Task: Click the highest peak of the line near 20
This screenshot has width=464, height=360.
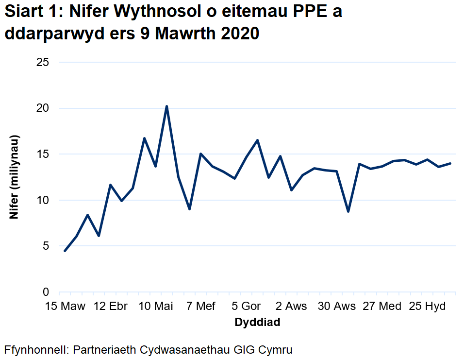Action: point(166,106)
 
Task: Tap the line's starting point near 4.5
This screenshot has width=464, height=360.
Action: point(65,251)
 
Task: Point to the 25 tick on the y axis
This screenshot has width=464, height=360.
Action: point(43,62)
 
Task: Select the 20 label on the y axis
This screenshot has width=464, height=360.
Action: point(43,108)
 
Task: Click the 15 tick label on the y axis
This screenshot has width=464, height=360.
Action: point(43,154)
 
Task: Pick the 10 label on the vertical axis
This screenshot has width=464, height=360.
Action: point(43,200)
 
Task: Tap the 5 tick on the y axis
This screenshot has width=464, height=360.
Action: point(46,246)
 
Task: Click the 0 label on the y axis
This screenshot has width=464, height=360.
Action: point(46,292)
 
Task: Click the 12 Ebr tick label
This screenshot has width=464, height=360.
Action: point(111,307)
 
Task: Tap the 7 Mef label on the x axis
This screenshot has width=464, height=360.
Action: point(201,307)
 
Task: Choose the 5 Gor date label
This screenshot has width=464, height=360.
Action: point(246,307)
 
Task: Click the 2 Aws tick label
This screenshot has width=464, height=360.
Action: point(291,307)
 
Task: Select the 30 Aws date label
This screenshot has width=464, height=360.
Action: point(337,307)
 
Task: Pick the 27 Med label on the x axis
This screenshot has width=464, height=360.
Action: point(382,307)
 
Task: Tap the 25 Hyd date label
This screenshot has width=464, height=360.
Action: point(428,307)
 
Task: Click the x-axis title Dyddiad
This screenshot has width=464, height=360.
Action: point(257,322)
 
